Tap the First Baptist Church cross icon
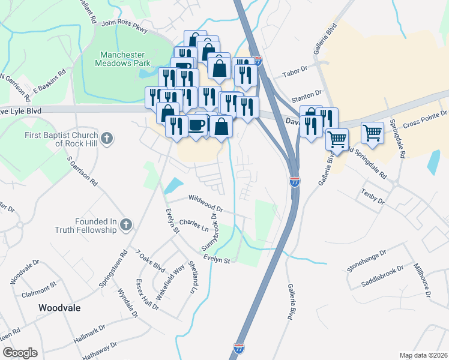coord(106,139)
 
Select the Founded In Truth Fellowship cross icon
coord(125,225)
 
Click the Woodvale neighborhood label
coord(59,307)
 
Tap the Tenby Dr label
coord(372,195)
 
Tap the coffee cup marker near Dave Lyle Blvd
coord(197,125)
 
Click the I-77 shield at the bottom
coord(238,347)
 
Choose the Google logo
coord(20,353)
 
